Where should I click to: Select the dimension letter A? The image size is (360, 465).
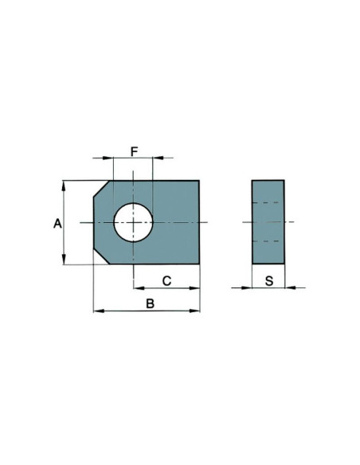click(x=57, y=225)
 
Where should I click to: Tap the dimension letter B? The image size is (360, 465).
click(x=149, y=303)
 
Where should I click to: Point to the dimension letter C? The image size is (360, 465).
click(x=167, y=280)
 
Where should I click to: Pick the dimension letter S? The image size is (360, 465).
click(x=269, y=280)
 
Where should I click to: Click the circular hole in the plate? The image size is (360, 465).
click(x=133, y=222)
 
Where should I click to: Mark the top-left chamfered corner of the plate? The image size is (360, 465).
click(x=102, y=189)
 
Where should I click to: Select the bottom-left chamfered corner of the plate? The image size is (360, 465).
click(x=102, y=256)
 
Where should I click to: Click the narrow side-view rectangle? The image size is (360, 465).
click(x=268, y=222)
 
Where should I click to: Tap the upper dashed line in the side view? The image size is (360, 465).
click(x=268, y=203)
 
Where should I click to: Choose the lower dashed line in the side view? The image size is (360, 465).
click(x=268, y=240)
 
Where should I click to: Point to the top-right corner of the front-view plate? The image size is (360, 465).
click(x=198, y=181)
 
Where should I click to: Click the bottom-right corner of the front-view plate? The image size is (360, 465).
click(x=198, y=264)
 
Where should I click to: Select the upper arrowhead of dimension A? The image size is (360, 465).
click(x=64, y=184)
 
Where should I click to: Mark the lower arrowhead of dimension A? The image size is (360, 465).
click(x=64, y=261)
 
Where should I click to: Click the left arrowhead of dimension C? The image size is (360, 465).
click(x=137, y=288)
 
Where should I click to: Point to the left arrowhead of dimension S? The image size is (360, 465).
click(x=248, y=288)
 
